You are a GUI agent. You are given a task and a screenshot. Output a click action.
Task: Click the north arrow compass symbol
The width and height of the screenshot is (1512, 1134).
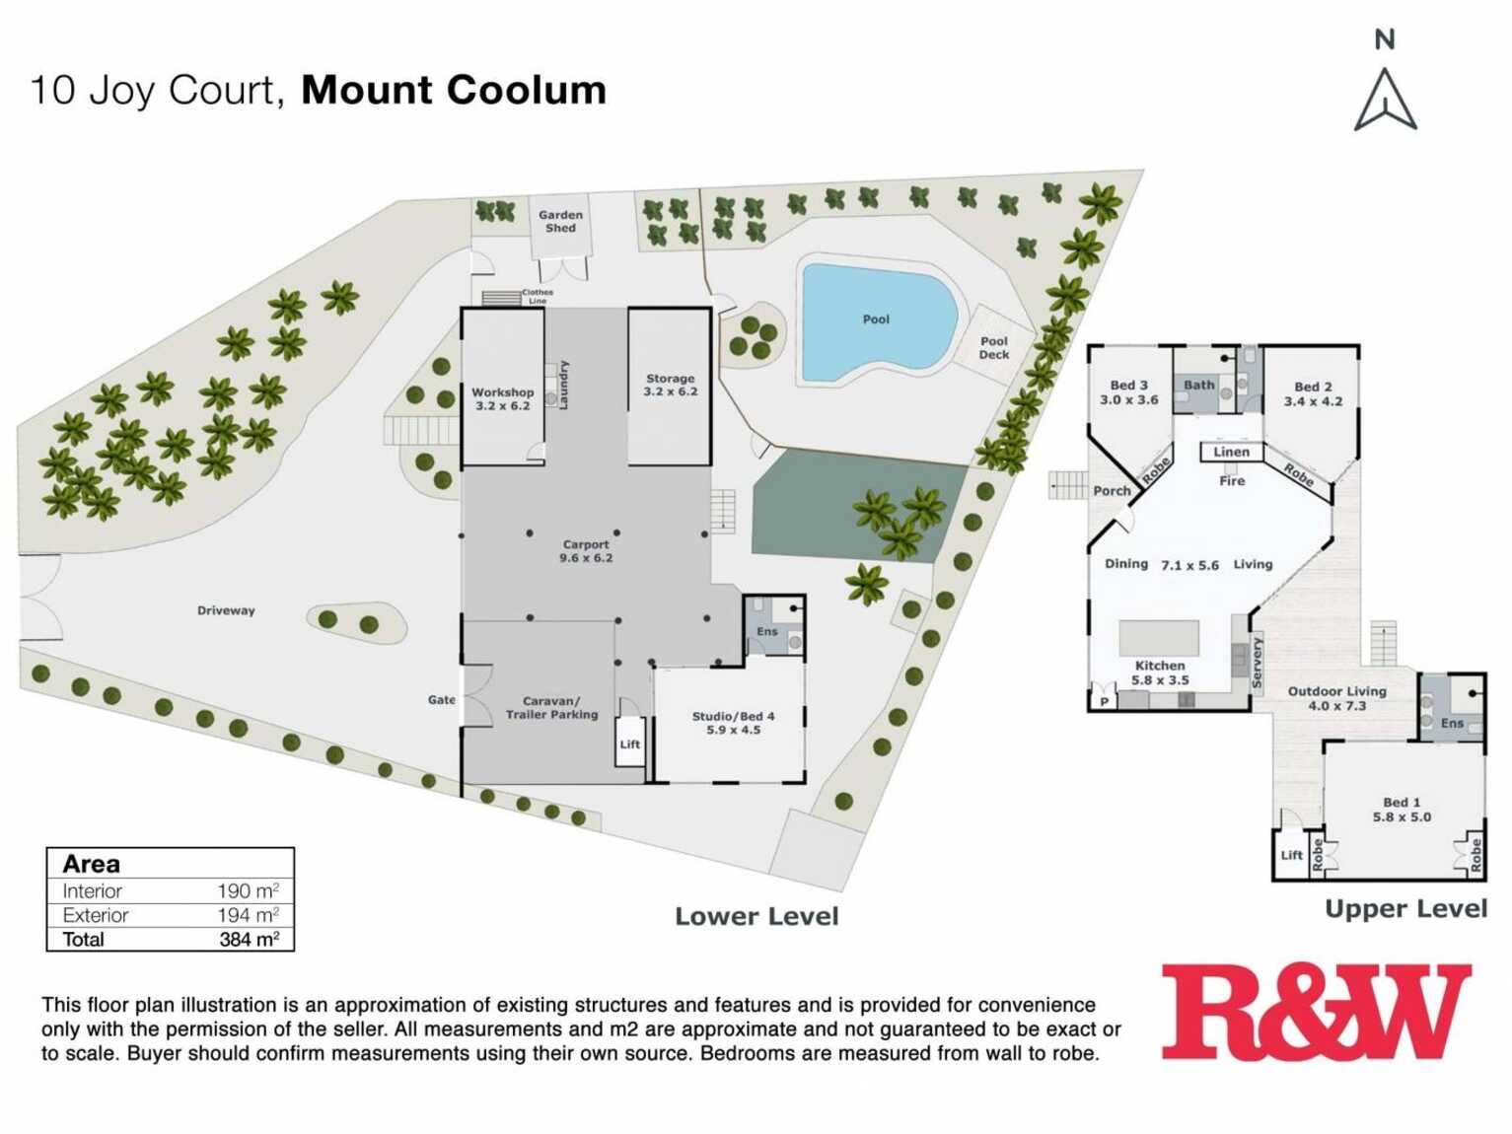coord(1385,99)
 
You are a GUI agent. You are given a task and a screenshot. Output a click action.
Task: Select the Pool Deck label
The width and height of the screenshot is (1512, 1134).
coord(994,348)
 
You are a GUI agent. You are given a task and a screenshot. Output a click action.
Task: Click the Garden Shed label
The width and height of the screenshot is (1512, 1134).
coord(560,221)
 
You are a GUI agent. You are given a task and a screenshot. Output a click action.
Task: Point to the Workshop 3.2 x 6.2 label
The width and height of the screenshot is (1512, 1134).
coord(502,398)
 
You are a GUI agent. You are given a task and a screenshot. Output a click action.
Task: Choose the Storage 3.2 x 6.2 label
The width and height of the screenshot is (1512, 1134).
coord(670,385)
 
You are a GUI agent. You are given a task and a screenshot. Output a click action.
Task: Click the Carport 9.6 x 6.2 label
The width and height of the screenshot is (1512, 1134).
coord(586,550)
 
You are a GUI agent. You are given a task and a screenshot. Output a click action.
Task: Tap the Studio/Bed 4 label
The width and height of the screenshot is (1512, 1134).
coord(733,723)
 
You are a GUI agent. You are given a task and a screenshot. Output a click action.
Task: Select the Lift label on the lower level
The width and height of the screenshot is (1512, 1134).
coord(630,744)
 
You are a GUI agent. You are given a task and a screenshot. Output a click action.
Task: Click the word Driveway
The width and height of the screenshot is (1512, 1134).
coord(226,610)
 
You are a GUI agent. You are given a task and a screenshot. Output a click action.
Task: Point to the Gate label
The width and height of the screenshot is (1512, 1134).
coord(441,700)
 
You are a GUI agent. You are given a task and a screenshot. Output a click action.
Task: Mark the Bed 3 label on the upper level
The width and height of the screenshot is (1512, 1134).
coord(1128,392)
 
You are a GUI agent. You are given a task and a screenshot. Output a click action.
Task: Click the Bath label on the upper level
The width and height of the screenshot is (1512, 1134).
coord(1198,386)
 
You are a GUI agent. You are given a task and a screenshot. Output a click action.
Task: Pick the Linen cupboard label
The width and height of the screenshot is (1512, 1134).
coord(1231,452)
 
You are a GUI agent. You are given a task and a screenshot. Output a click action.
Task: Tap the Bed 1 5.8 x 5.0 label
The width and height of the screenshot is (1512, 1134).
coord(1402,810)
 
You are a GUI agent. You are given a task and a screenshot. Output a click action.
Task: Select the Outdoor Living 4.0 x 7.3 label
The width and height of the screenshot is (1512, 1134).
coord(1336,698)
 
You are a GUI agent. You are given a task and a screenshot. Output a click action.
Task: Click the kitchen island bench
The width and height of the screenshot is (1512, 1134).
coord(1159,638)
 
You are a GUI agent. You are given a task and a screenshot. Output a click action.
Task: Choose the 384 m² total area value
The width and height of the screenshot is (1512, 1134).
coord(249,940)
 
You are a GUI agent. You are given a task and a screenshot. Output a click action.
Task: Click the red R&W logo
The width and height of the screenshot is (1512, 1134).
coord(1316,1013)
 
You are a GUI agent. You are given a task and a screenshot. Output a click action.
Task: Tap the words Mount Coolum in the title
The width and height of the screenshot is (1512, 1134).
coord(454,90)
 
